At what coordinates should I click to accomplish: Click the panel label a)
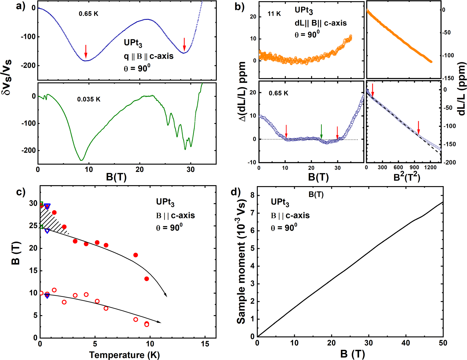21,6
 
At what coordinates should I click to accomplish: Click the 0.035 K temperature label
89,99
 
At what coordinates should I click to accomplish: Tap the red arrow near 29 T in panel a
184,44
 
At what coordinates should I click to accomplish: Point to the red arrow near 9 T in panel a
86,51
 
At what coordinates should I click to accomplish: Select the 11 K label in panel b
274,14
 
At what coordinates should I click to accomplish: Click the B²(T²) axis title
407,177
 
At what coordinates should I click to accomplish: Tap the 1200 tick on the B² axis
430,167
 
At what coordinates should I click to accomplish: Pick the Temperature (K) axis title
124,355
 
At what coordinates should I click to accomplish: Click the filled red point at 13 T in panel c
147,279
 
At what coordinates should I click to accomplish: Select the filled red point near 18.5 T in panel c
136,255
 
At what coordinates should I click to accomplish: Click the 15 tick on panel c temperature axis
205,344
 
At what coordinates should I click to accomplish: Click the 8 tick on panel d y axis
252,195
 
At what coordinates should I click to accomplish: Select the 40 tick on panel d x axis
406,343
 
